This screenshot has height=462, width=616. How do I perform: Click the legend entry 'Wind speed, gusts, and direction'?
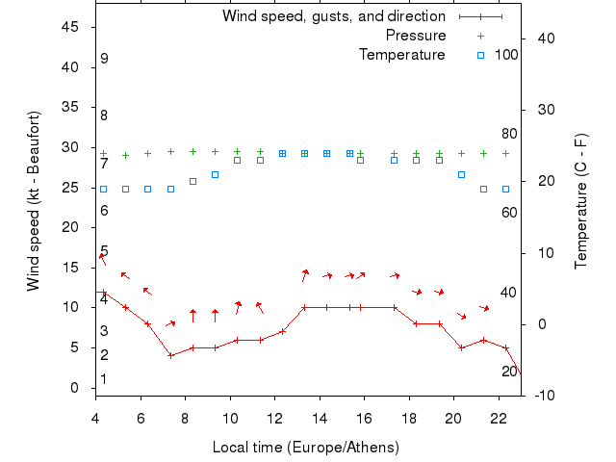pyautogui.click(x=334, y=16)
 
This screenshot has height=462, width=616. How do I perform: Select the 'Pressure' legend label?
pyautogui.click(x=416, y=36)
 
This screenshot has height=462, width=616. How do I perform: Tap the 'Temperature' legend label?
pyautogui.click(x=402, y=55)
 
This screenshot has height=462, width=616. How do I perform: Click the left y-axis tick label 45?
pyautogui.click(x=70, y=27)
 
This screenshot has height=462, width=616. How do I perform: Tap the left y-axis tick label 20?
pyautogui.click(x=70, y=227)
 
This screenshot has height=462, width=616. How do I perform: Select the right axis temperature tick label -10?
pyautogui.click(x=543, y=395)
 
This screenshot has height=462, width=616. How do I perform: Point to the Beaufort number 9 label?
pyautogui.click(x=104, y=59)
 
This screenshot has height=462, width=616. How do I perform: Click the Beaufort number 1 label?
pyautogui.click(x=103, y=379)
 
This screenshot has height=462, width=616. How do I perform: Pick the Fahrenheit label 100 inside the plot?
pyautogui.click(x=506, y=55)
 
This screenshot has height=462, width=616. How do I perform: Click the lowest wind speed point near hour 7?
pyautogui.click(x=170, y=355)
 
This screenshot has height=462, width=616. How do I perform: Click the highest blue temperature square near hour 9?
pyautogui.click(x=215, y=175)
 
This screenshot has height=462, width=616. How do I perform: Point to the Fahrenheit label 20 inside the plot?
pyautogui.click(x=510, y=372)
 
